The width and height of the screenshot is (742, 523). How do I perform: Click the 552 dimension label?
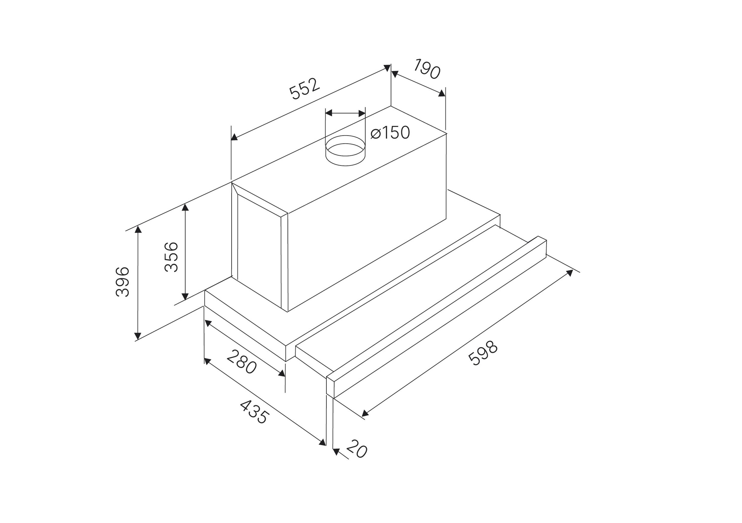click(x=305, y=89)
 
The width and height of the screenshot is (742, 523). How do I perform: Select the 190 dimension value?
click(x=427, y=68)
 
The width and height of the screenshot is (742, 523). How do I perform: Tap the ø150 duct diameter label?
click(x=390, y=133)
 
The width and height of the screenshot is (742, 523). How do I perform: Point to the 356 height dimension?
click(x=171, y=257)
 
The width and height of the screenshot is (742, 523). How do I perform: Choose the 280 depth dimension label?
click(x=242, y=362)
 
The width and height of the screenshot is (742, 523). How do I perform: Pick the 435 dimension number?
click(x=254, y=412)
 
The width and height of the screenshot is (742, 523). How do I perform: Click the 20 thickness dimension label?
click(x=357, y=449)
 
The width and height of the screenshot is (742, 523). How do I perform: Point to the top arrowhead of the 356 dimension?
click(x=185, y=207)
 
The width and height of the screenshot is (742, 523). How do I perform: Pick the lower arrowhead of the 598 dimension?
click(x=365, y=413)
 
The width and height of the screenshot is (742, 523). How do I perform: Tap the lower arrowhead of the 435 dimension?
click(x=322, y=443)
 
